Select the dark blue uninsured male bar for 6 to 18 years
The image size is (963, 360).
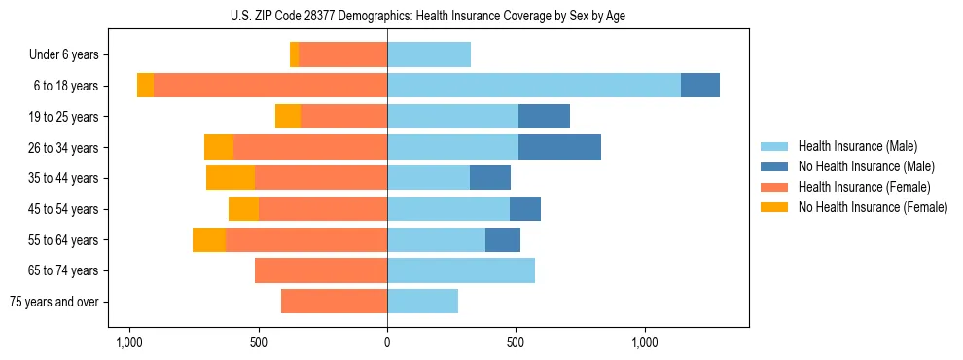[700, 86]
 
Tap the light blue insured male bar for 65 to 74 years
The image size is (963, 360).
[461, 270]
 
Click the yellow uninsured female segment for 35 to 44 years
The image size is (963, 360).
[231, 178]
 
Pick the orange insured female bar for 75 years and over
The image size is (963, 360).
[334, 302]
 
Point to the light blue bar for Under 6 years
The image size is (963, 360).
[429, 55]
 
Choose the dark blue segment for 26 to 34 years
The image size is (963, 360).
[559, 147]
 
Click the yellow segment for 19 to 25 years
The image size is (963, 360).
[288, 117]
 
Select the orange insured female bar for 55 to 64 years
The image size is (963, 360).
[306, 239]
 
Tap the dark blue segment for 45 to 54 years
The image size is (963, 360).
[525, 209]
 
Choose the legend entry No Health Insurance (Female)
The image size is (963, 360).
[873, 207]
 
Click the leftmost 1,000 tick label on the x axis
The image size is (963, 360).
[129, 342]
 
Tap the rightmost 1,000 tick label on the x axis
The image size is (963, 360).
[645, 342]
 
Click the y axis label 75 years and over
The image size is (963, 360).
[54, 302]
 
